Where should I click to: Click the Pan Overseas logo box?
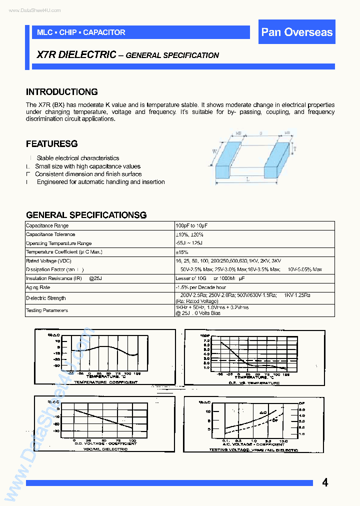pos(297,32)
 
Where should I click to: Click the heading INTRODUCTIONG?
pos(61,92)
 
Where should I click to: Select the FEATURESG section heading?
pos(51,144)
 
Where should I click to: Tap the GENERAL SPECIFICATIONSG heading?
pos(86,215)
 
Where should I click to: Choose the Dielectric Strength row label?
pos(45,298)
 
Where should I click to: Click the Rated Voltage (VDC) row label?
pos(48,261)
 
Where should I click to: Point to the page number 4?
pos(325,482)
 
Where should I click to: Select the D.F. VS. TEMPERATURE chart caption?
pos(253,382)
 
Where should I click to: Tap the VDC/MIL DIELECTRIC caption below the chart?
pos(105,449)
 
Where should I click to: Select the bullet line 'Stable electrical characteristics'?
pos(78,158)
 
